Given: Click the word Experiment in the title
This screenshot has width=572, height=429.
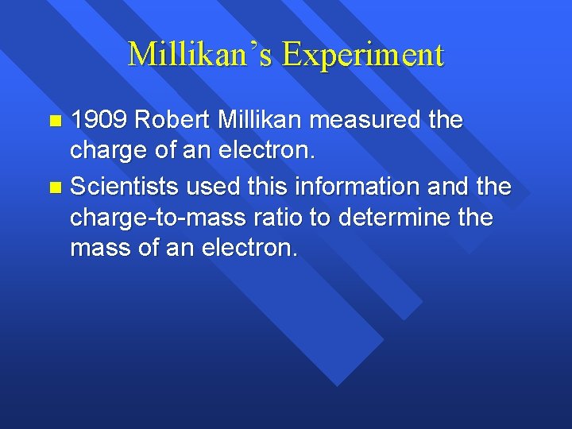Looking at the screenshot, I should coord(362,54).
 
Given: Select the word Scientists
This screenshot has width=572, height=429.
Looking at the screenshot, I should coord(122,187).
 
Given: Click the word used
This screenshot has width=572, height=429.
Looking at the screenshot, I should coord(209,187).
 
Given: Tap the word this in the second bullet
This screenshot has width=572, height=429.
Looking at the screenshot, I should coord(266,187).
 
